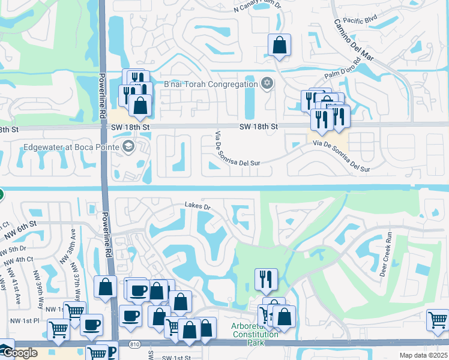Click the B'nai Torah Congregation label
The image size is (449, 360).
point(211,85)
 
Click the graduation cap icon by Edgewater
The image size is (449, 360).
point(127,146)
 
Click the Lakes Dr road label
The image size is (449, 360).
point(198,208)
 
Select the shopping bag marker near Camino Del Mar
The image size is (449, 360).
point(279,44)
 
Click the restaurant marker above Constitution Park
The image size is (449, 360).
point(266,278)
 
